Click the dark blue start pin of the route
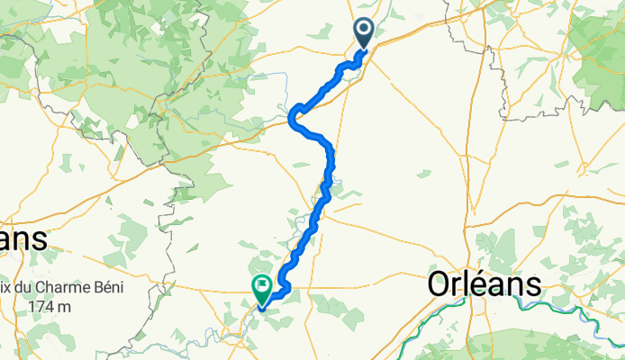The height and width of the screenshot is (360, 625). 364,33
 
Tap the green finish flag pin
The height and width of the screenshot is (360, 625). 262,288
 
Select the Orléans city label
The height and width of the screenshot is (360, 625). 485,285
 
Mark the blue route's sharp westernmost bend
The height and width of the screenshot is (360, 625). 291,118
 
